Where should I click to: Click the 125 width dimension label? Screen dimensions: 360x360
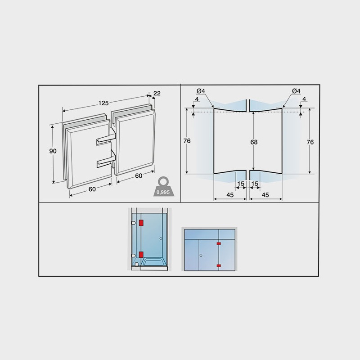click(103, 103)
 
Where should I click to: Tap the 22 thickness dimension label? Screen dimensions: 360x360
click(157, 93)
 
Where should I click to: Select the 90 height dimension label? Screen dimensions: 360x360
click(53, 151)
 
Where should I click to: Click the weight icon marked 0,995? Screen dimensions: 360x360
click(164, 187)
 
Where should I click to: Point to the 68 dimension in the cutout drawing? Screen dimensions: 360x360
click(254, 142)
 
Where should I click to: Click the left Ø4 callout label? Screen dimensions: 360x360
click(201, 91)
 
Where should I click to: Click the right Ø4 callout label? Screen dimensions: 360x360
click(296, 91)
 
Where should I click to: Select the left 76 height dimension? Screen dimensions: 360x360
click(187, 141)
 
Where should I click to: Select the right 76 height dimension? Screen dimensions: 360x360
click(310, 142)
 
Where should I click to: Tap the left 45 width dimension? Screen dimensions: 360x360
click(230, 195)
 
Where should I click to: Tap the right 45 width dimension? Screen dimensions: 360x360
click(265, 195)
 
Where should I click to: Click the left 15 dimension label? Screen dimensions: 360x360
click(241, 184)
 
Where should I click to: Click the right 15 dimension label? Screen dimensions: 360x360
click(255, 184)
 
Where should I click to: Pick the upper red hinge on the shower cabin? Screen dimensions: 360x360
click(141, 223)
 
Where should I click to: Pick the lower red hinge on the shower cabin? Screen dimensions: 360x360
click(141, 255)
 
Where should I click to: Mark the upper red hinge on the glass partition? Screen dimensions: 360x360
click(219, 243)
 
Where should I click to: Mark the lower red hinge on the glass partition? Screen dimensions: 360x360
click(219, 265)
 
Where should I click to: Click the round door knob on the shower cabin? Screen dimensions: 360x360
click(161, 238)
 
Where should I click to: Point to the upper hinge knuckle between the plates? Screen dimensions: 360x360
click(106, 139)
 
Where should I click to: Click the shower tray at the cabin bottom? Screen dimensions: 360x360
click(154, 263)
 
